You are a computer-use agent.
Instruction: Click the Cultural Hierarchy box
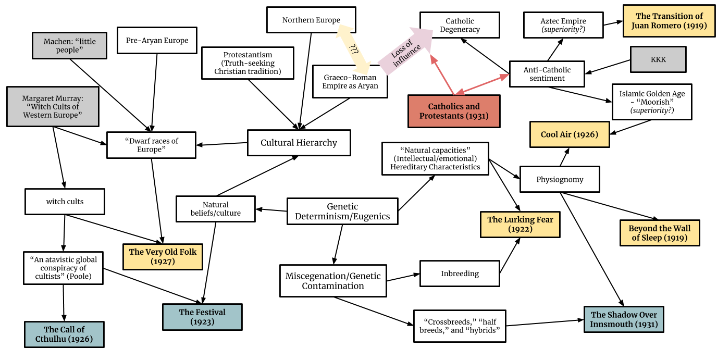(x=299, y=143)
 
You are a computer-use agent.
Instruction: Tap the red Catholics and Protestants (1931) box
(x=453, y=111)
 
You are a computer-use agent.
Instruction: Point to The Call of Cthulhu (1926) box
(x=64, y=334)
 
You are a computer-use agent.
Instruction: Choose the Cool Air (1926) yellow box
(x=569, y=134)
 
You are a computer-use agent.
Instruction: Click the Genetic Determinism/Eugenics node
(x=342, y=212)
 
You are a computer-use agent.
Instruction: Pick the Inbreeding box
(x=460, y=274)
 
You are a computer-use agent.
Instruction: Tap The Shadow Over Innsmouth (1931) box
(x=624, y=319)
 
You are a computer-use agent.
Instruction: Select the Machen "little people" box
(x=69, y=45)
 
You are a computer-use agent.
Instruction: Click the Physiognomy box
(x=560, y=180)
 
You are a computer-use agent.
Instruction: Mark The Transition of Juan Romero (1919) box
(x=669, y=21)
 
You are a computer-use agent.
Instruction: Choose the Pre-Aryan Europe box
(x=157, y=41)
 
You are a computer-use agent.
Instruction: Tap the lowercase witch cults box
(x=65, y=202)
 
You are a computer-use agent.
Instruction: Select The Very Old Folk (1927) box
(x=163, y=256)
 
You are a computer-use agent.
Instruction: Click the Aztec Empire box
(x=563, y=25)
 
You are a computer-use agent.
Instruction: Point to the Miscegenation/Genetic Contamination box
(x=333, y=281)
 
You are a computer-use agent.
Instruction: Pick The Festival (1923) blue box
(x=202, y=317)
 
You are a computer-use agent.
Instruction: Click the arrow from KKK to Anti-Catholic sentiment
(x=608, y=66)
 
